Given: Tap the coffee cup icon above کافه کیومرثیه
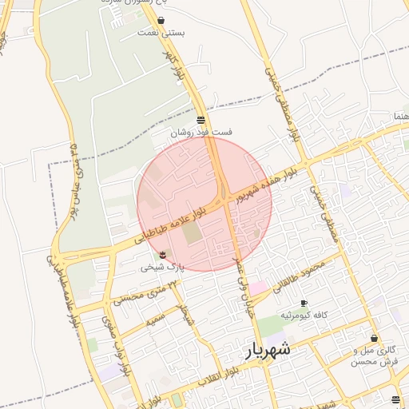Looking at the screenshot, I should click(304, 303).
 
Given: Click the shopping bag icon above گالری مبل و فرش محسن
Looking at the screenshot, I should click(375, 338).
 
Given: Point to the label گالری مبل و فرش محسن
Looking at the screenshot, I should click(374, 356).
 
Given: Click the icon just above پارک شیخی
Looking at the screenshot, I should click(163, 254).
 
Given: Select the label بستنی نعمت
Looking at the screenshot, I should click(161, 33).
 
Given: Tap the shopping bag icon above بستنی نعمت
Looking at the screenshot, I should click(161, 21).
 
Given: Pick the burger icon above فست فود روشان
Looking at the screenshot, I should click(200, 119).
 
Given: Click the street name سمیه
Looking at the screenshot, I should click(157, 320).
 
